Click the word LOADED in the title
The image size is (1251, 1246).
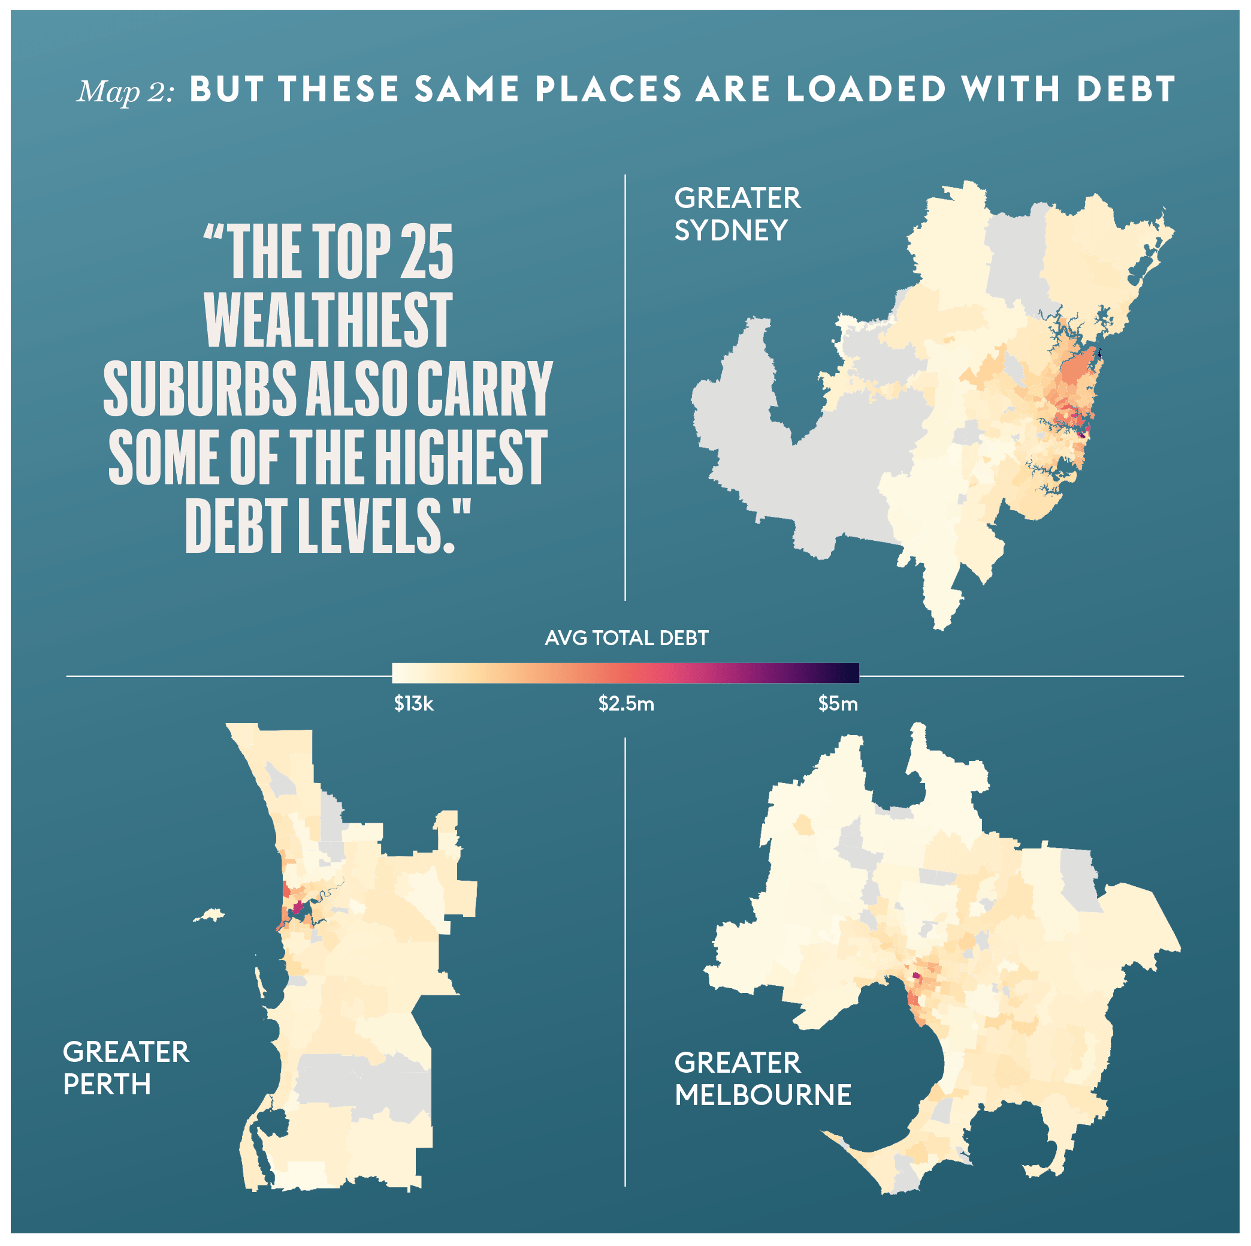866,89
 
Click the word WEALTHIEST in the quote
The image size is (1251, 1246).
328,320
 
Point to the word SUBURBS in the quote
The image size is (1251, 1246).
200,389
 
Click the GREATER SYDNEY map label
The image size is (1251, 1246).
737,214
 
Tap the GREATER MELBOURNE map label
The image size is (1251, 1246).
762,1079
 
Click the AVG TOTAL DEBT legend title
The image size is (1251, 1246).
626,638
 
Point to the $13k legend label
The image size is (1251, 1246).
414,704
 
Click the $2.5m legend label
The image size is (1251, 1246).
626,704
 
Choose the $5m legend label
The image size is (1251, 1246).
837,704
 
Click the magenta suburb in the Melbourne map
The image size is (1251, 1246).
915,975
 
